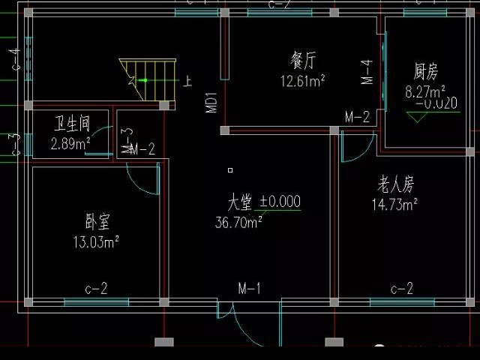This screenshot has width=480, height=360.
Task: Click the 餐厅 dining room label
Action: tap(303, 59)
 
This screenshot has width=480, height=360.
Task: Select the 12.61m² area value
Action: tap(302, 79)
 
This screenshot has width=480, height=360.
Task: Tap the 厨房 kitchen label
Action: tap(425, 72)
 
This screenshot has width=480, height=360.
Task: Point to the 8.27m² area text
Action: tap(421, 91)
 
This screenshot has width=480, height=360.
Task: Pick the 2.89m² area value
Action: tap(70, 142)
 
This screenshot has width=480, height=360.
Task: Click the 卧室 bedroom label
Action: tap(97, 223)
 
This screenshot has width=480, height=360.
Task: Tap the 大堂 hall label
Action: tap(241, 202)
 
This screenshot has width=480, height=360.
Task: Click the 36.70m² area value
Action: tap(238, 222)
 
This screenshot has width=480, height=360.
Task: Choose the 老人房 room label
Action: tap(394, 184)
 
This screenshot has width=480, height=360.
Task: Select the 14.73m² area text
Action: tap(394, 203)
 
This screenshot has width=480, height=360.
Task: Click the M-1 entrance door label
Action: tap(249, 288)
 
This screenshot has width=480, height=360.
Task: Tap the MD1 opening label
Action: tap(211, 103)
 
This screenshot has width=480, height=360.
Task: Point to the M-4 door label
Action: tap(367, 72)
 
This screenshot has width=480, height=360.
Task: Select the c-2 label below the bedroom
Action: tap(96, 288)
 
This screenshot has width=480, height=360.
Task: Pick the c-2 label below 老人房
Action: tap(402, 288)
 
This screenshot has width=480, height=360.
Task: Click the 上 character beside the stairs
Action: tap(187, 80)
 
